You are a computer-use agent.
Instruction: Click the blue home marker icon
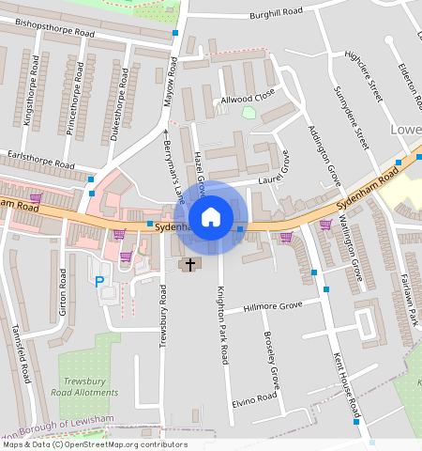[211, 217]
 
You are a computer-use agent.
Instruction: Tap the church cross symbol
[189, 265]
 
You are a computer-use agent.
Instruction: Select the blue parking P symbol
[99, 280]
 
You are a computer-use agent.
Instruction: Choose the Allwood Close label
[247, 97]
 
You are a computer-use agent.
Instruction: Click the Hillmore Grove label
[273, 306]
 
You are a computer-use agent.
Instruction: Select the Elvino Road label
[255, 398]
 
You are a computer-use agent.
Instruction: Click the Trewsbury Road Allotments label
[90, 386]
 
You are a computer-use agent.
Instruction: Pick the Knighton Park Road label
[223, 325]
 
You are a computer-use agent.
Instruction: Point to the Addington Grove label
[324, 151]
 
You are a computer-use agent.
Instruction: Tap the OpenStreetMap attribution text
[94, 444]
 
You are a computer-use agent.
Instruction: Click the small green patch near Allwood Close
[249, 113]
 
